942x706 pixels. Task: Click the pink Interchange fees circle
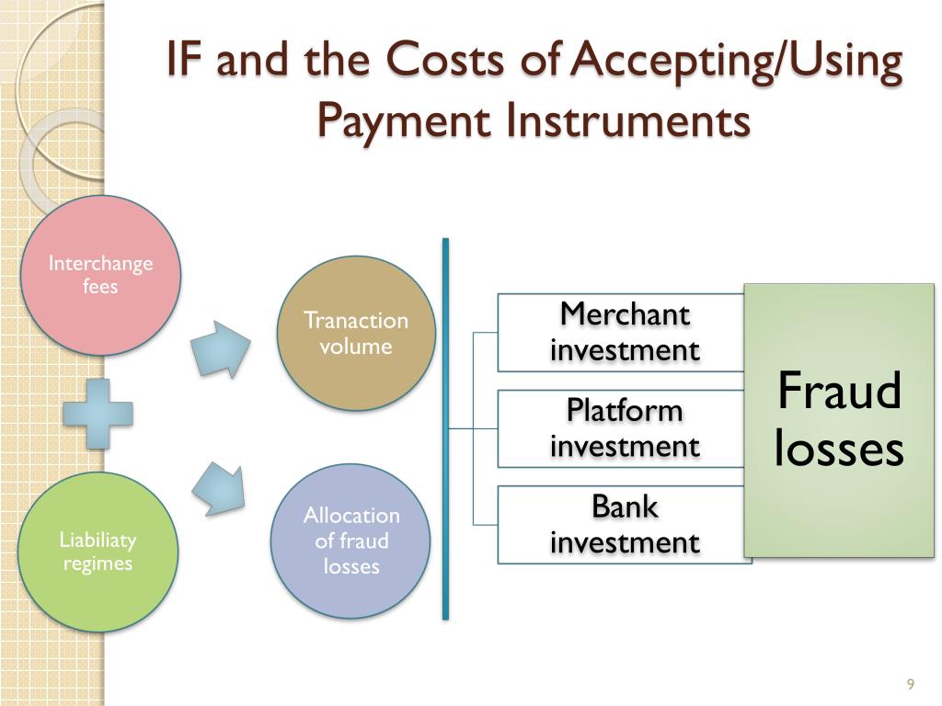(100, 276)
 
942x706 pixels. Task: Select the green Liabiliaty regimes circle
(98, 551)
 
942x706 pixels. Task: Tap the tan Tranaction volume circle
(355, 333)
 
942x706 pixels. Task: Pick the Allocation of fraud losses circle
(350, 541)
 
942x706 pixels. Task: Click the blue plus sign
(98, 415)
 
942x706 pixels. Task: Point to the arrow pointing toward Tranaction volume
(221, 348)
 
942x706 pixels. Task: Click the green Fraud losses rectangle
(838, 420)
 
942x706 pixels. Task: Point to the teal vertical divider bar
(445, 428)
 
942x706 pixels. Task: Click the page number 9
(910, 684)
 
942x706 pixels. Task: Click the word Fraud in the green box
(839, 392)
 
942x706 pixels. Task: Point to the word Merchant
(625, 314)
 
